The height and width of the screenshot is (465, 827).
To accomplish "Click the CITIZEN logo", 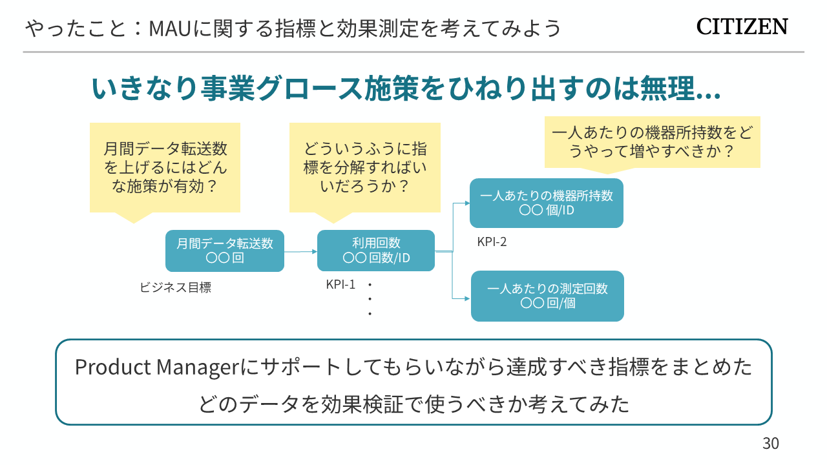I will coord(742,27).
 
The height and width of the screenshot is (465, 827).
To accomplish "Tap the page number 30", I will coord(771,444).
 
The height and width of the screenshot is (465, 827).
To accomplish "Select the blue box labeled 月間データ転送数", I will coord(225,251).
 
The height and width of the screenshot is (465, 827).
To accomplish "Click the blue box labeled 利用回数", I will coord(376,251).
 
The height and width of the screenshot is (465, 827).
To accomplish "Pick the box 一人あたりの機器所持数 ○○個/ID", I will coord(547,203).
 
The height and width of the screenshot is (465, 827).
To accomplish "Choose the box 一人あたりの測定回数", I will coord(547,296).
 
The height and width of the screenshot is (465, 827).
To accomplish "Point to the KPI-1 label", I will coord(340,284).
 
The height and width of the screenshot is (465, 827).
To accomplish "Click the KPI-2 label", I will coord(492,242).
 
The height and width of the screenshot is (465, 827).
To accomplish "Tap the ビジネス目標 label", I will coord(175,288).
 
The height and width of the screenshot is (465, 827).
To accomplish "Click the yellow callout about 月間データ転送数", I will coord(165,167).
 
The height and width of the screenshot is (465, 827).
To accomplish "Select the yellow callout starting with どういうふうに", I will coord(365,167).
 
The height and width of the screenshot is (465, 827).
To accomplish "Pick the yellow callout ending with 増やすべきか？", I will coord(653,143).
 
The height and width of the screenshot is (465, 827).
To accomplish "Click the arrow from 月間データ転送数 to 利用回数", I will coord(300,251).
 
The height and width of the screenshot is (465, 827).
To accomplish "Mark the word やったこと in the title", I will coord(72,29).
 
